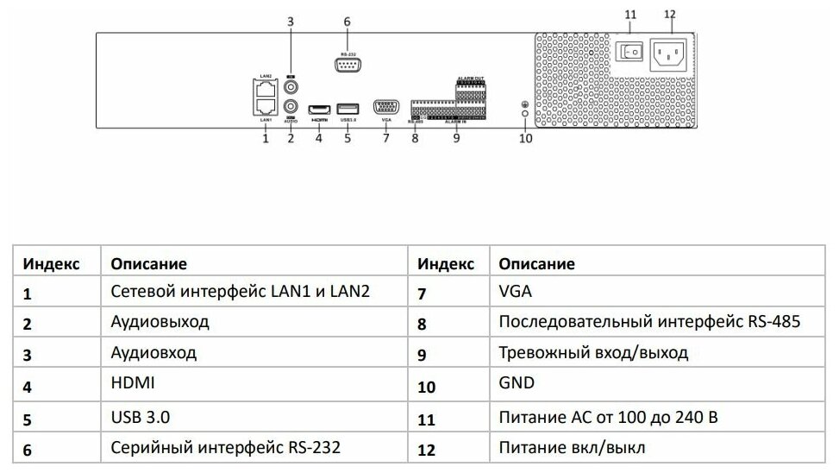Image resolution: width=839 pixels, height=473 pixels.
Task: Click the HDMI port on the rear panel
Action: coord(319,107)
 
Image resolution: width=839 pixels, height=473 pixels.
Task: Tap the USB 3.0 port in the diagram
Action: coord(347,107)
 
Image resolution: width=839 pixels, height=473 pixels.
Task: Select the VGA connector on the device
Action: coord(385,107)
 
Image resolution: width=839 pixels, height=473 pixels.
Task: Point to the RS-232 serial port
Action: coord(347,63)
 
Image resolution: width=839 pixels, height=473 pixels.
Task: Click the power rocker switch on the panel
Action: coord(630,53)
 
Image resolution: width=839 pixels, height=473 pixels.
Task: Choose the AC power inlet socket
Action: coord(671,53)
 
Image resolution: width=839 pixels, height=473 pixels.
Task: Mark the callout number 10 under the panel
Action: coord(526,138)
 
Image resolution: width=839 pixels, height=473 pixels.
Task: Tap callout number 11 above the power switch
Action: coord(630,15)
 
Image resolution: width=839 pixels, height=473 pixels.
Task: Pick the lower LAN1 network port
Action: coord(266,105)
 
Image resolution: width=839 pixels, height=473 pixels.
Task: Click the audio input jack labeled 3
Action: coord(291,87)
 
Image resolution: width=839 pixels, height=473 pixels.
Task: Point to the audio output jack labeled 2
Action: coord(291,108)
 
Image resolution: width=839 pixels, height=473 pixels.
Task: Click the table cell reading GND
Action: coord(517,383)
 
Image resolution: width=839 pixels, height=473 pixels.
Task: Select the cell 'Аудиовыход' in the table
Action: coord(160,323)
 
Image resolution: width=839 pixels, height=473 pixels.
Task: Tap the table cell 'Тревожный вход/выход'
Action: coord(593,353)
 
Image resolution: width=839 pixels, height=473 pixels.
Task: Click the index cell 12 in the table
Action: coord(428,449)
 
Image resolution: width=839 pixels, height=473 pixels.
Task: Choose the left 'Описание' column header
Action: coord(149,263)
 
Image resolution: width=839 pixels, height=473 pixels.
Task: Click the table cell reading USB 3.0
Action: coord(141,417)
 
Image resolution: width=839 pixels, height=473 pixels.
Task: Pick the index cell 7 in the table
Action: coord(422,293)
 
